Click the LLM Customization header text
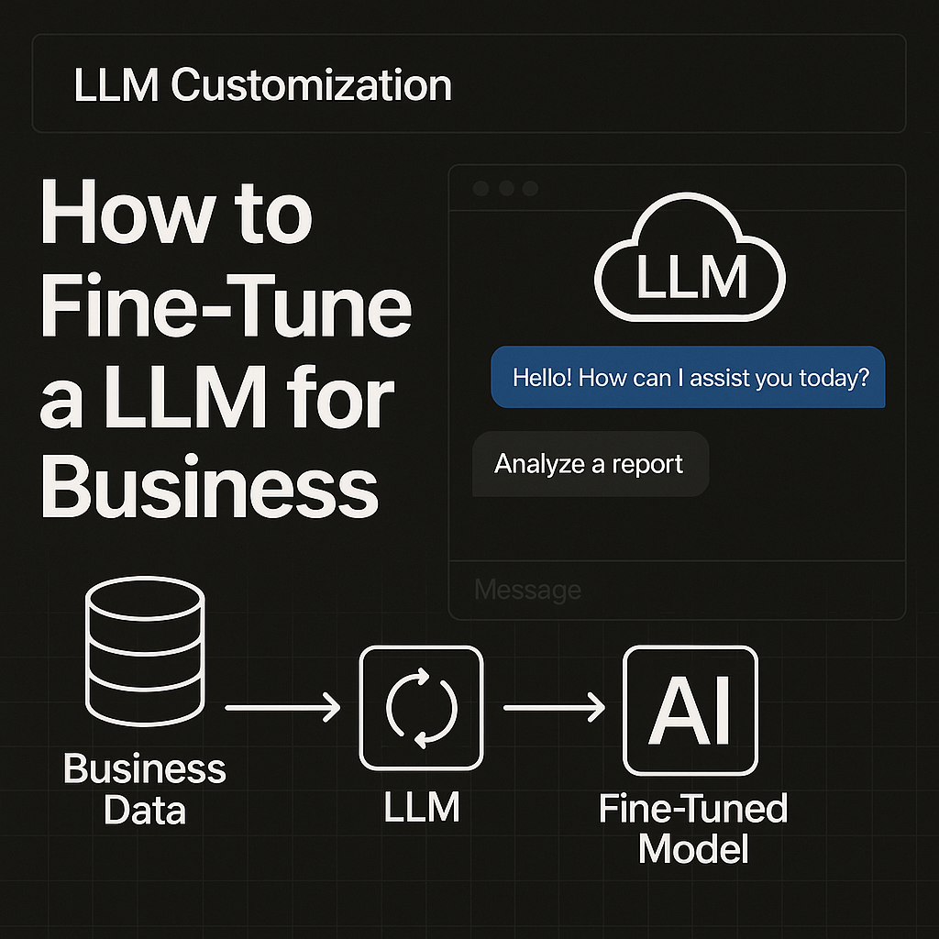point(261,85)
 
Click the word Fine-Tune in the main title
point(226,310)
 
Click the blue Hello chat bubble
point(689,377)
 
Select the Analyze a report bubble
point(590,464)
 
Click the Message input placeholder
point(528,590)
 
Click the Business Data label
point(144,789)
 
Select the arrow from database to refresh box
point(282,707)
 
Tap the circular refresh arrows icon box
point(421,707)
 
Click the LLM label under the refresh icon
point(421,808)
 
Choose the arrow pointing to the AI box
point(555,707)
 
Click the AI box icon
point(690,711)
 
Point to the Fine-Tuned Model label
point(693,829)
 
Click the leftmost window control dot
point(481,189)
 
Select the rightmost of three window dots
point(529,189)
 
